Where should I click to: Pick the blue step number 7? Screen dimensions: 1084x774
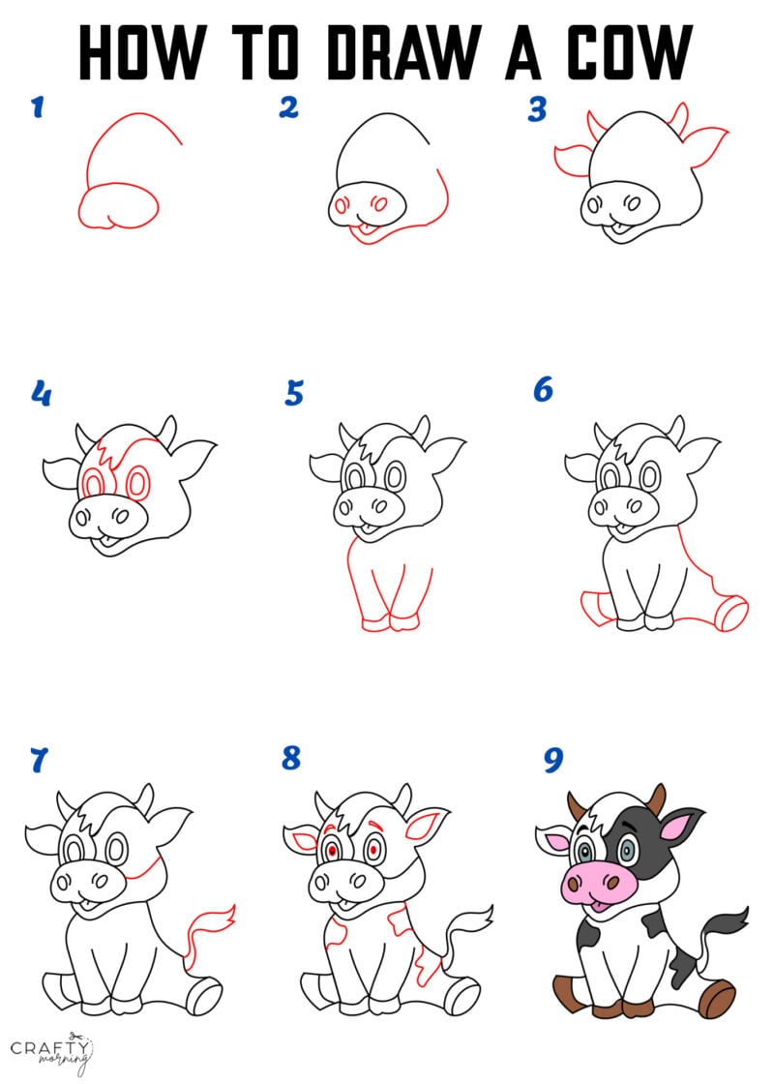(x=38, y=761)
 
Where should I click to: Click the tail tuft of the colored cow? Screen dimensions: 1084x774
(x=732, y=918)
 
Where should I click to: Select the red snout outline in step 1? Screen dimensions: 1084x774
(x=118, y=205)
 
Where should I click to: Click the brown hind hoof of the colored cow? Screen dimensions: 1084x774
(x=718, y=997)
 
